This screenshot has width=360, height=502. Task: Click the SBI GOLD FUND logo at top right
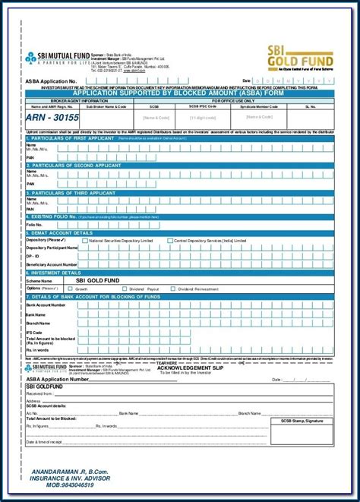coord(301,54)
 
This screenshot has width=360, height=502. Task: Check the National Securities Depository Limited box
coord(87,240)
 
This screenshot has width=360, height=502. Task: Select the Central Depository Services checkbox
coord(171,240)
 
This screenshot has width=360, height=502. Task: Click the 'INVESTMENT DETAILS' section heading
coord(56,272)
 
